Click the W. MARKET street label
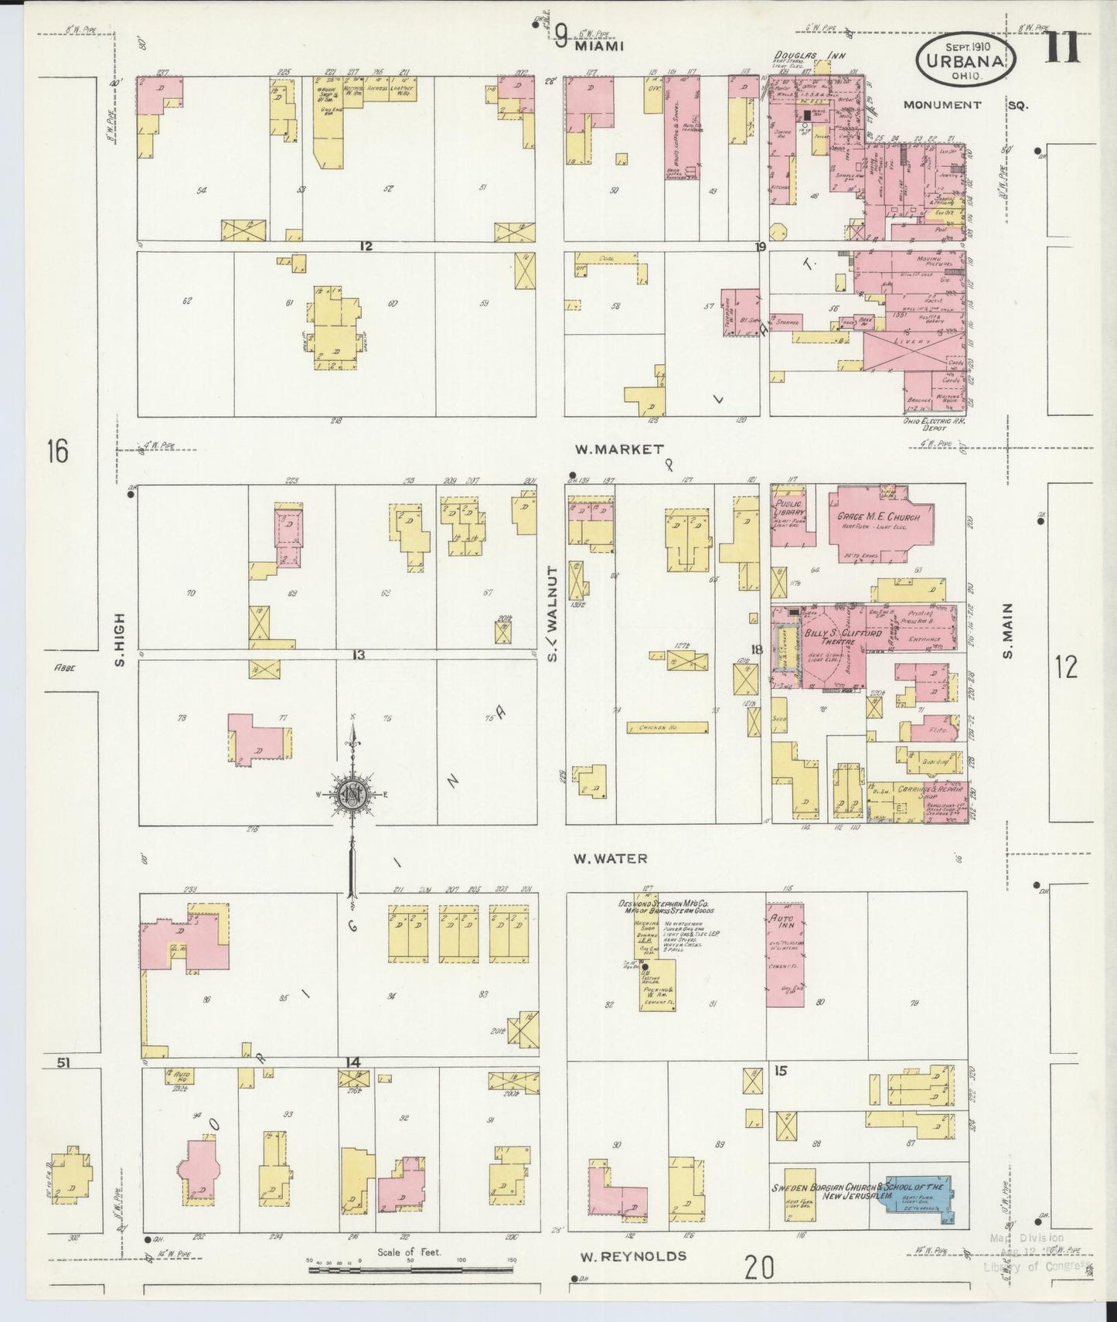(x=619, y=449)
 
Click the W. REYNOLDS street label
(x=634, y=1256)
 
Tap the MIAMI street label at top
(x=599, y=46)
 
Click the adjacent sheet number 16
(x=57, y=450)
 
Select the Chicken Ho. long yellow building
(x=668, y=727)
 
